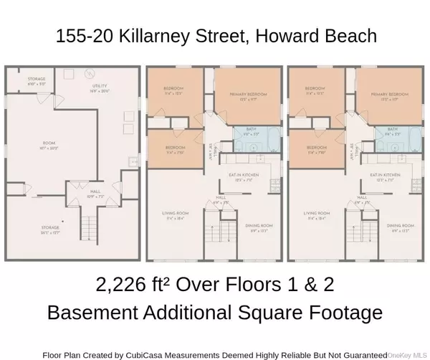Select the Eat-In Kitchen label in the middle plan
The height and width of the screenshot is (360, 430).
pos(248,176)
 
